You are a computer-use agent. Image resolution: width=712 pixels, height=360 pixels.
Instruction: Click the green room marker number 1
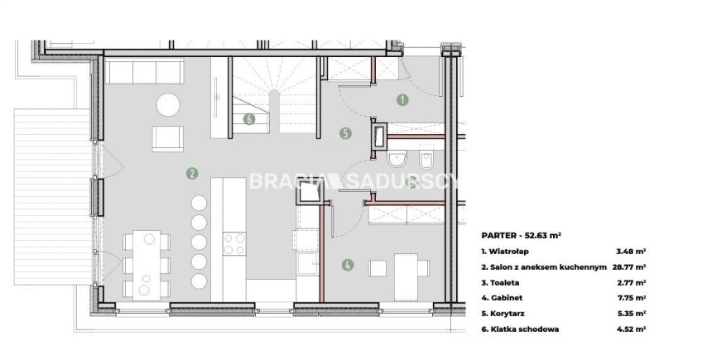click(x=402, y=100)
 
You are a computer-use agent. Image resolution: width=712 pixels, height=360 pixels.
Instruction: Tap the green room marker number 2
click(x=192, y=173)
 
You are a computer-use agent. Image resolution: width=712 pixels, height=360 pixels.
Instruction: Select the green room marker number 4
click(x=348, y=265)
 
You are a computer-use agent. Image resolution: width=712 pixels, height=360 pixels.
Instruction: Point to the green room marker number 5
click(x=345, y=133)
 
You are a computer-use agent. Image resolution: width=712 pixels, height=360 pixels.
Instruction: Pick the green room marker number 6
click(x=249, y=119)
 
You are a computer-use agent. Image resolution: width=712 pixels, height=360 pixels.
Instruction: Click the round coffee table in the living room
click(x=168, y=105)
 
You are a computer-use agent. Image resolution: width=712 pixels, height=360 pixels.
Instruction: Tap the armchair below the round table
click(x=168, y=138)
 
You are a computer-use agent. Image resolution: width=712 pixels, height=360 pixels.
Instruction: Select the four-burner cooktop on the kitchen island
click(x=234, y=244)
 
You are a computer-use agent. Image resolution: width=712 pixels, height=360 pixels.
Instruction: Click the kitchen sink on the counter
click(x=307, y=264)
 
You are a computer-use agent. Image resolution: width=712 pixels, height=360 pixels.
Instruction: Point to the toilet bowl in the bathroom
click(x=426, y=160)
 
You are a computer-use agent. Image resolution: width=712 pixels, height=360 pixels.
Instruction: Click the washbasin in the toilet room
click(x=398, y=160)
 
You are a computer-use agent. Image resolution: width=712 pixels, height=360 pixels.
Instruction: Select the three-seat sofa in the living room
click(x=144, y=71)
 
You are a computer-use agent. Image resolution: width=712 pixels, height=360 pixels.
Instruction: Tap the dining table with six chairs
click(x=147, y=265)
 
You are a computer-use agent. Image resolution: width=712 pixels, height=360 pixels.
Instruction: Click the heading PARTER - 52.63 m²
click(x=522, y=235)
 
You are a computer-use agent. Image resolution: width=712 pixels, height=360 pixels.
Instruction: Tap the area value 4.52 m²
click(x=631, y=329)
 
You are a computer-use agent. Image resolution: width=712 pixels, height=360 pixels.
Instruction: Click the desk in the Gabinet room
click(x=406, y=277)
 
